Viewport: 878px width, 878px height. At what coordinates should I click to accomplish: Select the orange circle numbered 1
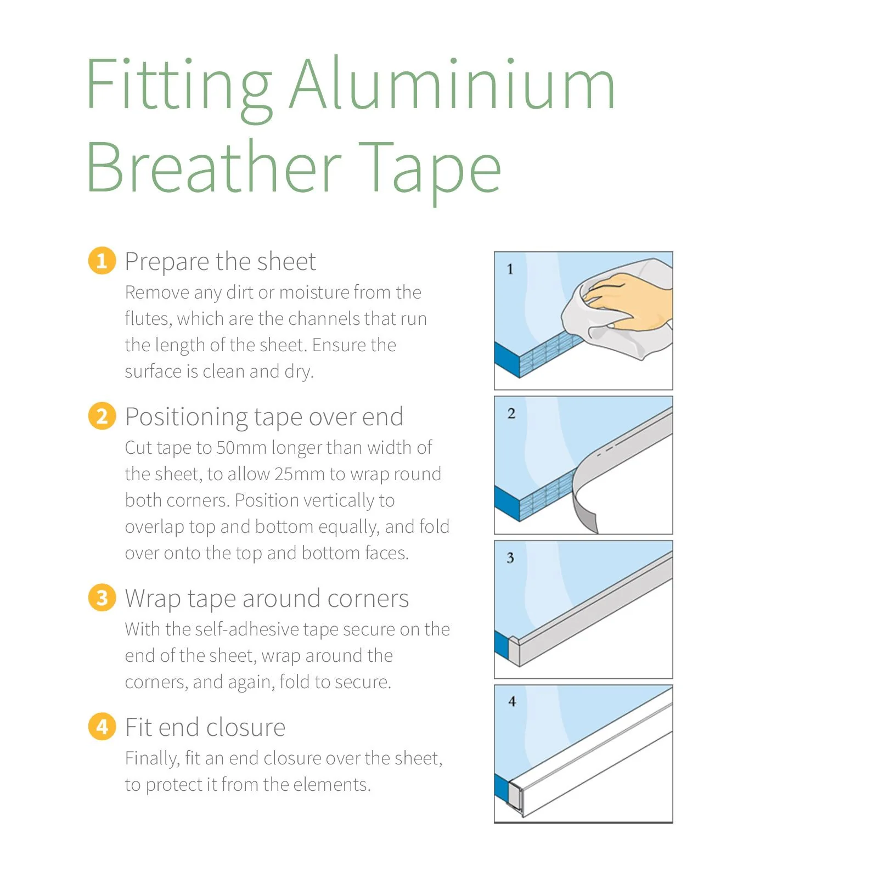tap(102, 261)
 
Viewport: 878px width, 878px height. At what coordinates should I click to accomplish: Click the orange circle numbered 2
tap(102, 416)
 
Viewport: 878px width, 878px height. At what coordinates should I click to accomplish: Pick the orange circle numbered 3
tap(102, 598)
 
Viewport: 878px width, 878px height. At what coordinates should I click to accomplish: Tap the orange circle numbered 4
tap(102, 727)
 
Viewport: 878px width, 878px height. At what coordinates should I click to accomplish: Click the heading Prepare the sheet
tap(220, 262)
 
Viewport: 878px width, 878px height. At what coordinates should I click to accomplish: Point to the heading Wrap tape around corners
tap(267, 599)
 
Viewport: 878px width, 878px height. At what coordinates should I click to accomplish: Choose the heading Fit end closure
tap(205, 727)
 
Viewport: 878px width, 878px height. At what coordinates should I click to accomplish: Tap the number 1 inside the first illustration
tap(510, 269)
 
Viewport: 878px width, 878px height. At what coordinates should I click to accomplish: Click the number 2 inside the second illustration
tap(511, 413)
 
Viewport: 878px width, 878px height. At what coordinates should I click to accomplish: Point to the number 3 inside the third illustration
tap(510, 558)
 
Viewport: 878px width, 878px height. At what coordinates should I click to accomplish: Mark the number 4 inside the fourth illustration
tap(511, 701)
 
